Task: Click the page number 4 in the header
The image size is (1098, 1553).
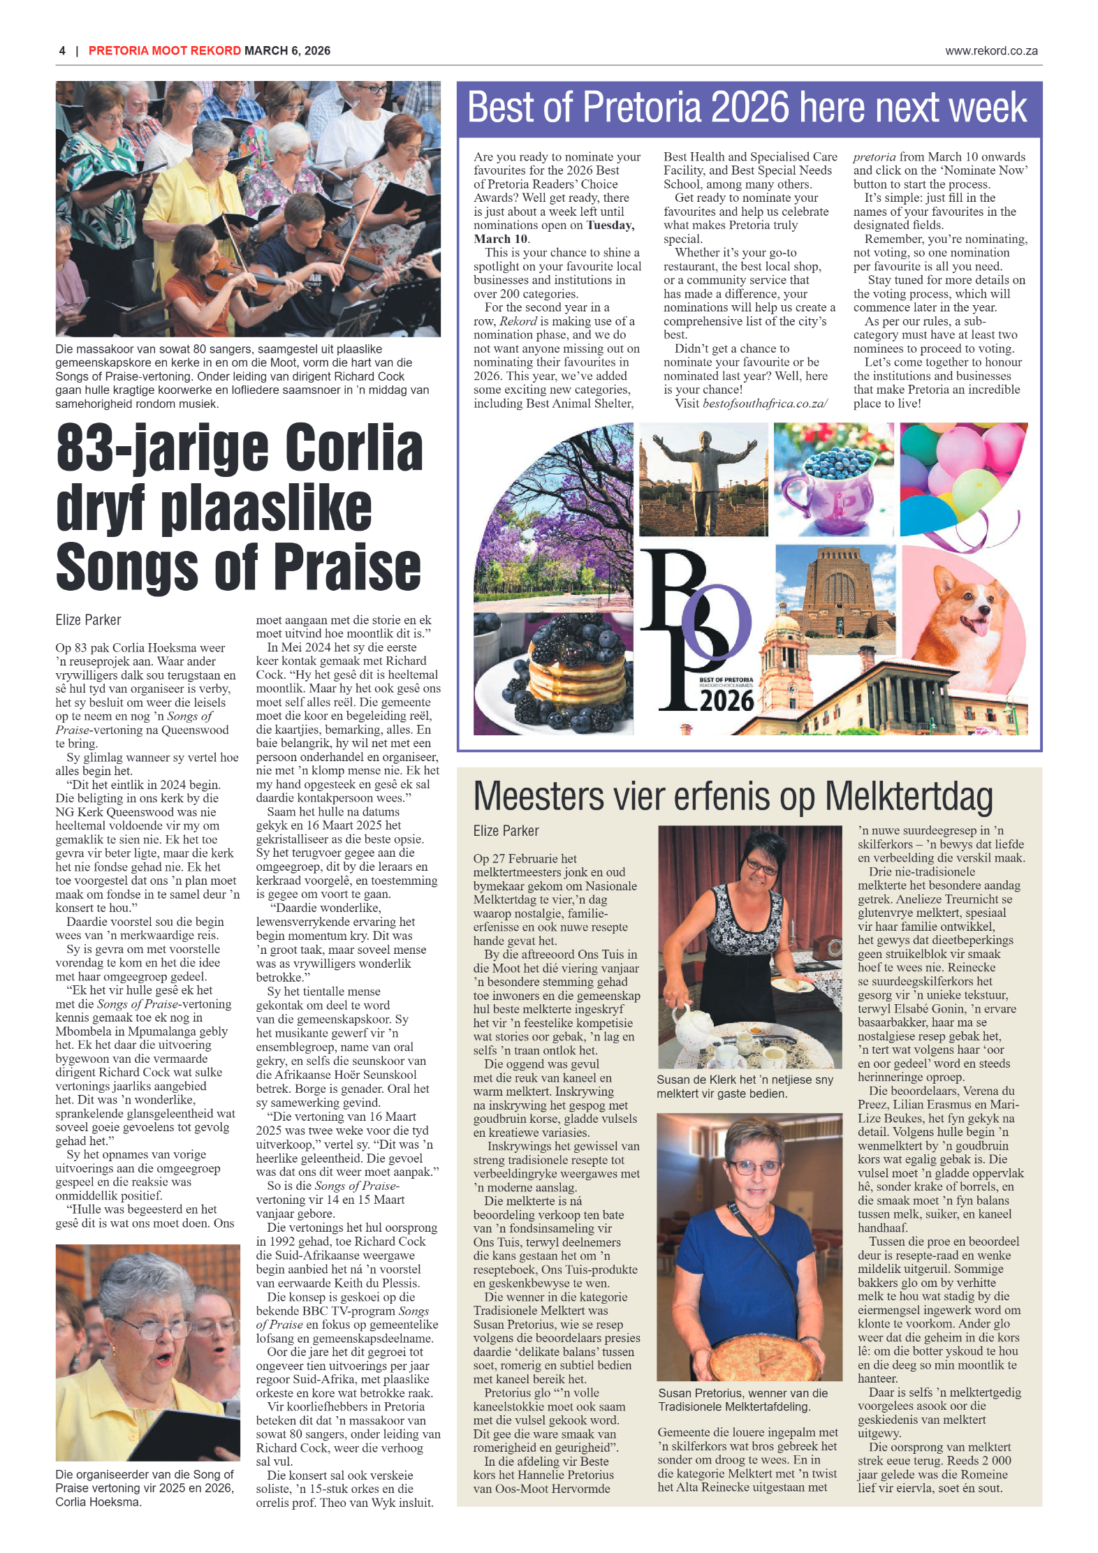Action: pos(62,51)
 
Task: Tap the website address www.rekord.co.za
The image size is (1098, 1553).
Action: pos(990,51)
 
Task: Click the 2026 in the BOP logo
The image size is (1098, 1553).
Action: pos(726,700)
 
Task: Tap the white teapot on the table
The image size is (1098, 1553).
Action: pos(691,1021)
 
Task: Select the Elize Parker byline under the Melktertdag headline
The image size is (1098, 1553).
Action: pos(506,831)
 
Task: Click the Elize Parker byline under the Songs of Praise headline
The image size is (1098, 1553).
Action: pos(88,620)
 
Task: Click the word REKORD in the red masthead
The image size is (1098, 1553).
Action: pos(215,51)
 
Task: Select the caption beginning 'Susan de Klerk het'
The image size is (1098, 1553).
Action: pos(745,1086)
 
